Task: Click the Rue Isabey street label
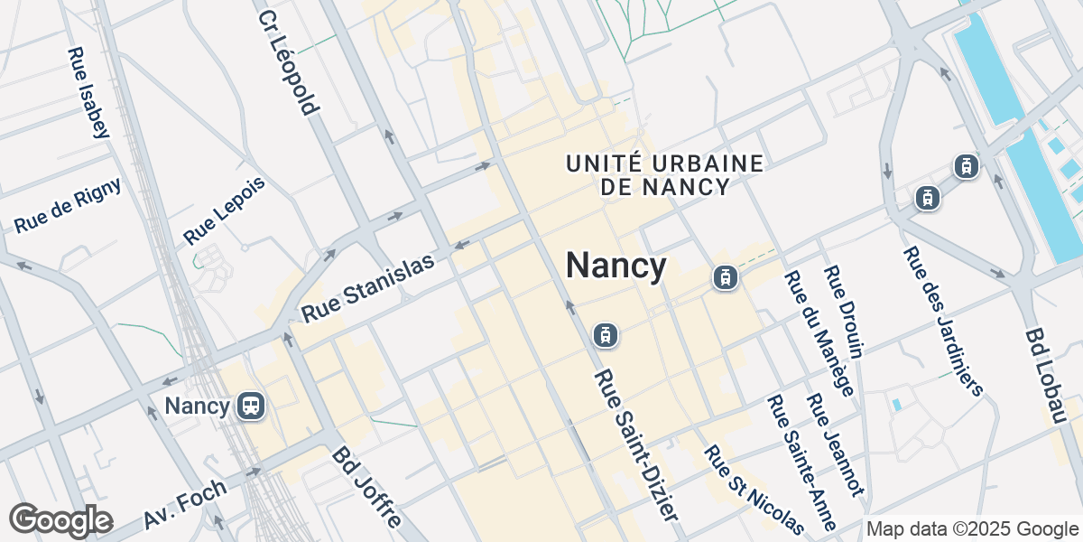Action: [88, 92]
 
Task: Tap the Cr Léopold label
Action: [288, 62]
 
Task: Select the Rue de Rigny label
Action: [68, 205]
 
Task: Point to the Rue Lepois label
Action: [225, 210]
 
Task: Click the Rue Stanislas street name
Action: [368, 287]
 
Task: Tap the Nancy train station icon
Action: [250, 406]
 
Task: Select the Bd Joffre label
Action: [366, 488]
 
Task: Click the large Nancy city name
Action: [616, 266]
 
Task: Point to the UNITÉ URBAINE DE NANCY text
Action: [665, 175]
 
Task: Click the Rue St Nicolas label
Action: [753, 489]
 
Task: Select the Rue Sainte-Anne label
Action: [801, 462]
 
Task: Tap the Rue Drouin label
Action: [845, 313]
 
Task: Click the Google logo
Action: [60, 520]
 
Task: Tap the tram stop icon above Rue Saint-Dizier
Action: [605, 335]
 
